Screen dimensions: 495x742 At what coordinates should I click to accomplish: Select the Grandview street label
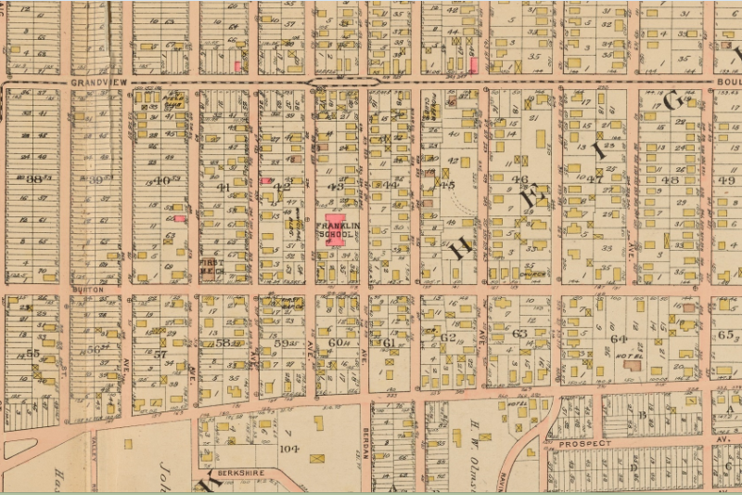coord(96,83)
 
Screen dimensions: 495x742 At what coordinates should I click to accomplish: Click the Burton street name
coord(83,290)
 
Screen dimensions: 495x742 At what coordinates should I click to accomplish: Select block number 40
coord(162,180)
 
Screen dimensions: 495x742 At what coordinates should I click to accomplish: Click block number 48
coord(671,179)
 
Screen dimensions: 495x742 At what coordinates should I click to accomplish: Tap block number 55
coord(34,353)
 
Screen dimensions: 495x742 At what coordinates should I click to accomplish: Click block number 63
coord(519,332)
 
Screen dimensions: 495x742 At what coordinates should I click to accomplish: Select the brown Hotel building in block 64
coord(633,365)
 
